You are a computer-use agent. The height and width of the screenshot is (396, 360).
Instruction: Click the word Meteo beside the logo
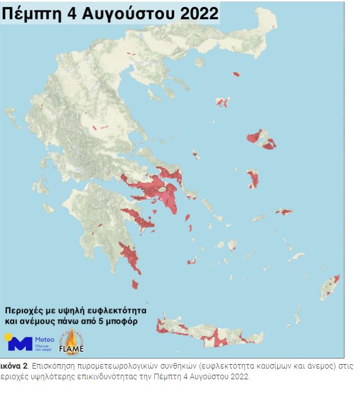pos(45,339)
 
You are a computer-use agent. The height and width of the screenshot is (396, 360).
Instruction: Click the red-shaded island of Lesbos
pos(261,138)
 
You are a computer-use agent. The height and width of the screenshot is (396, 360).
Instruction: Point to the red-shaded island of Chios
pos(253,179)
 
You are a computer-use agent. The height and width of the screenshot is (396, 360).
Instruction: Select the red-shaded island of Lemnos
pos(222,102)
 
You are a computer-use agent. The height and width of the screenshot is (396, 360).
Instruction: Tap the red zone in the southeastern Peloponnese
pos(130,256)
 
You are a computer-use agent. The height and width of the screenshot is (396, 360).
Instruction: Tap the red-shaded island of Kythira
pos(135,284)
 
